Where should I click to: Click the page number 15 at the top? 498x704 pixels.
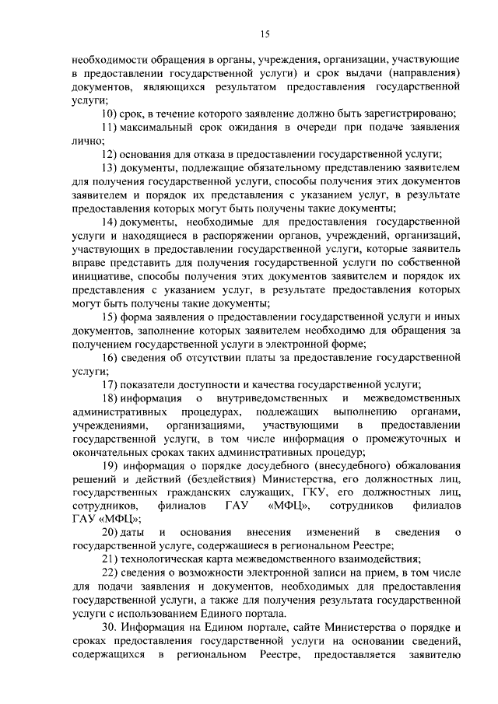(x=265, y=33)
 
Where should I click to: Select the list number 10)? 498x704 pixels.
(x=110, y=114)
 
